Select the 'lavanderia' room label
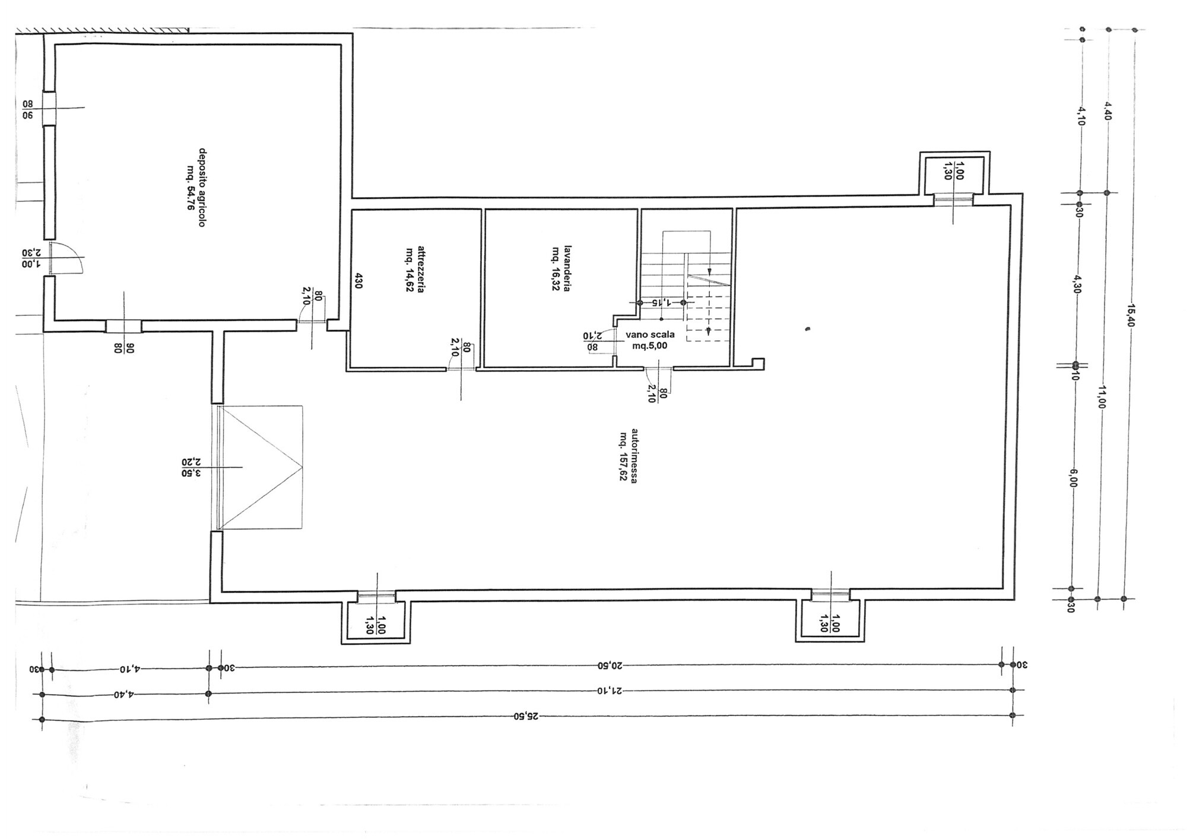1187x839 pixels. coord(561,268)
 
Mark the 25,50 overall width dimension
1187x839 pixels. coord(526,717)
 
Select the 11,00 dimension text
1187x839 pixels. coord(1103,397)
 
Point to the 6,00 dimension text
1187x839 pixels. coord(1075,478)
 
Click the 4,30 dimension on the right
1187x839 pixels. coord(1078,283)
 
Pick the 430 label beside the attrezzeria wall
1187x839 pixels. coord(358,280)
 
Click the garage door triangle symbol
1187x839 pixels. coord(261,467)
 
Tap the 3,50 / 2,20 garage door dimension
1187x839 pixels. coord(192,467)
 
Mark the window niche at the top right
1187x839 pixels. coord(954,173)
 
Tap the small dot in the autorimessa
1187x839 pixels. coord(808,328)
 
